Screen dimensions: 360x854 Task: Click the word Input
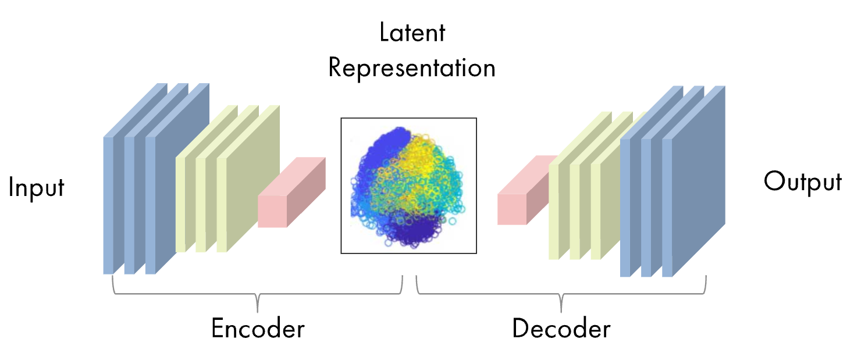pyautogui.click(x=36, y=189)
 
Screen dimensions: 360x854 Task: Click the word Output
pyautogui.click(x=802, y=182)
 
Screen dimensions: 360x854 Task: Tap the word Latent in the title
pyautogui.click(x=412, y=33)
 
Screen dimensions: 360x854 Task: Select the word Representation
pyautogui.click(x=412, y=67)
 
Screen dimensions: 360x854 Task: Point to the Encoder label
pyautogui.click(x=258, y=329)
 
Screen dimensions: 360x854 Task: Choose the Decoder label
pyautogui.click(x=561, y=329)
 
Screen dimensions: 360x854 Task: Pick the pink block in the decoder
pyautogui.click(x=512, y=208)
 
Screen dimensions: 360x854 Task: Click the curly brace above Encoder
pyautogui.click(x=257, y=294)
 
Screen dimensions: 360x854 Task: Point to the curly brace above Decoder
pyautogui.click(x=561, y=294)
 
